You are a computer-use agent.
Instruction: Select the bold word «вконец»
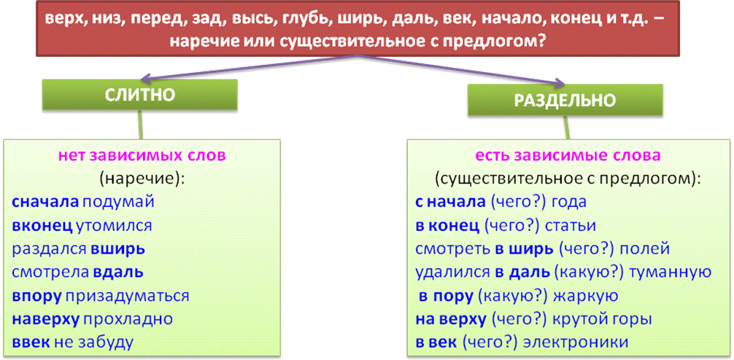(x=42, y=225)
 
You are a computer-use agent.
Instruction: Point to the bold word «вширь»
(x=118, y=249)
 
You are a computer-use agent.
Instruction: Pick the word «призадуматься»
(x=127, y=296)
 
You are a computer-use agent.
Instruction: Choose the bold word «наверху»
(x=46, y=319)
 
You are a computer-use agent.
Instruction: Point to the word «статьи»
(x=571, y=225)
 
